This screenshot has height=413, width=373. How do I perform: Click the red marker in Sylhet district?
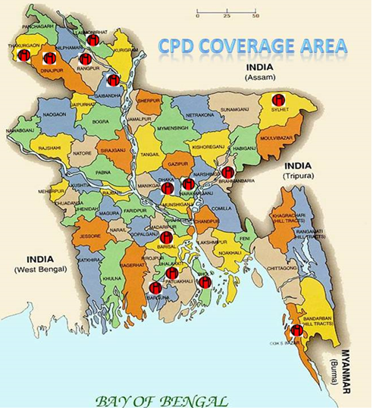(x=279, y=100)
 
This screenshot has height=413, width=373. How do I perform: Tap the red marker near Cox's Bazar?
(x=296, y=330)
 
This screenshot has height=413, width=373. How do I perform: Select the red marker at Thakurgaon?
(x=24, y=55)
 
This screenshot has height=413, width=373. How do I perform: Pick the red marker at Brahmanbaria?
(x=227, y=173)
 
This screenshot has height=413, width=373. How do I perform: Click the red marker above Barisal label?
(x=167, y=237)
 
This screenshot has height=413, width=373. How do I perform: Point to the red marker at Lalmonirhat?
(x=92, y=40)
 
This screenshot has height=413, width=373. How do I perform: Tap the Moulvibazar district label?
(x=278, y=139)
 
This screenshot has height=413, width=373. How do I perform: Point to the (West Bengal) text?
(x=39, y=269)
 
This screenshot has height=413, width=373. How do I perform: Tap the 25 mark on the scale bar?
(x=227, y=15)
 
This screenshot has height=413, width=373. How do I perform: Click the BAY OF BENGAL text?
(x=161, y=399)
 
